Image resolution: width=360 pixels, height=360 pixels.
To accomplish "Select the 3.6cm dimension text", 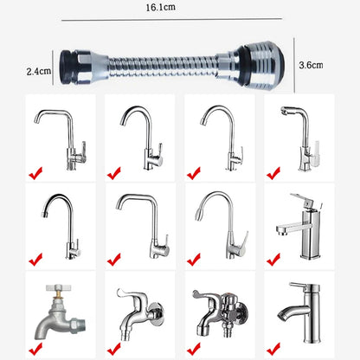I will point(310,65).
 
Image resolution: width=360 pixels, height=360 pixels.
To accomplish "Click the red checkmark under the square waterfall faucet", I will point(273,259).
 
